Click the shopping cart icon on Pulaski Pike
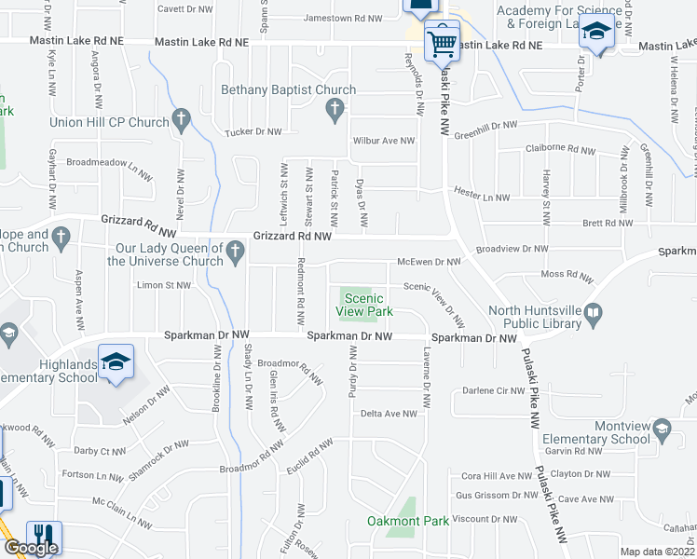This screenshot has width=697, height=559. (442, 42)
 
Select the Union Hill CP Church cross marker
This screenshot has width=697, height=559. (181, 120)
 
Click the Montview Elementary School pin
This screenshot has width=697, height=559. (663, 430)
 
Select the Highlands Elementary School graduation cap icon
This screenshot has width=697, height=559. (116, 361)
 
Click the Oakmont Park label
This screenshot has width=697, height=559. (408, 521)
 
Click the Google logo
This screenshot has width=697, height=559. (31, 548)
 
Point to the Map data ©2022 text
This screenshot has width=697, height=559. (658, 552)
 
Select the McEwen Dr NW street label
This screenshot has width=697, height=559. (429, 263)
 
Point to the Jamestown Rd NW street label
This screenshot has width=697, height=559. (343, 18)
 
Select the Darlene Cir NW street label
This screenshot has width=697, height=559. (494, 390)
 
